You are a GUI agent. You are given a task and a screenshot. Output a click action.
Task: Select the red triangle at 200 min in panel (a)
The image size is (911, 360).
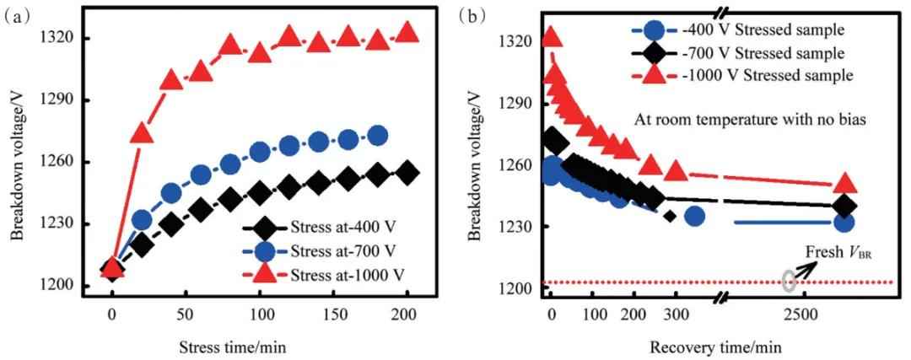[x=407, y=32]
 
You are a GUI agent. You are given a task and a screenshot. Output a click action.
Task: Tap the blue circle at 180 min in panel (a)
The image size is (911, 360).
[x=378, y=135]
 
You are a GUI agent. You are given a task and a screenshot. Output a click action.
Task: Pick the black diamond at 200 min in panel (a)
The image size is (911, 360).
[x=407, y=172]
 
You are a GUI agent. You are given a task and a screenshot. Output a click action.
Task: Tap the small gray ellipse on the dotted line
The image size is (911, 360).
[x=789, y=281]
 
